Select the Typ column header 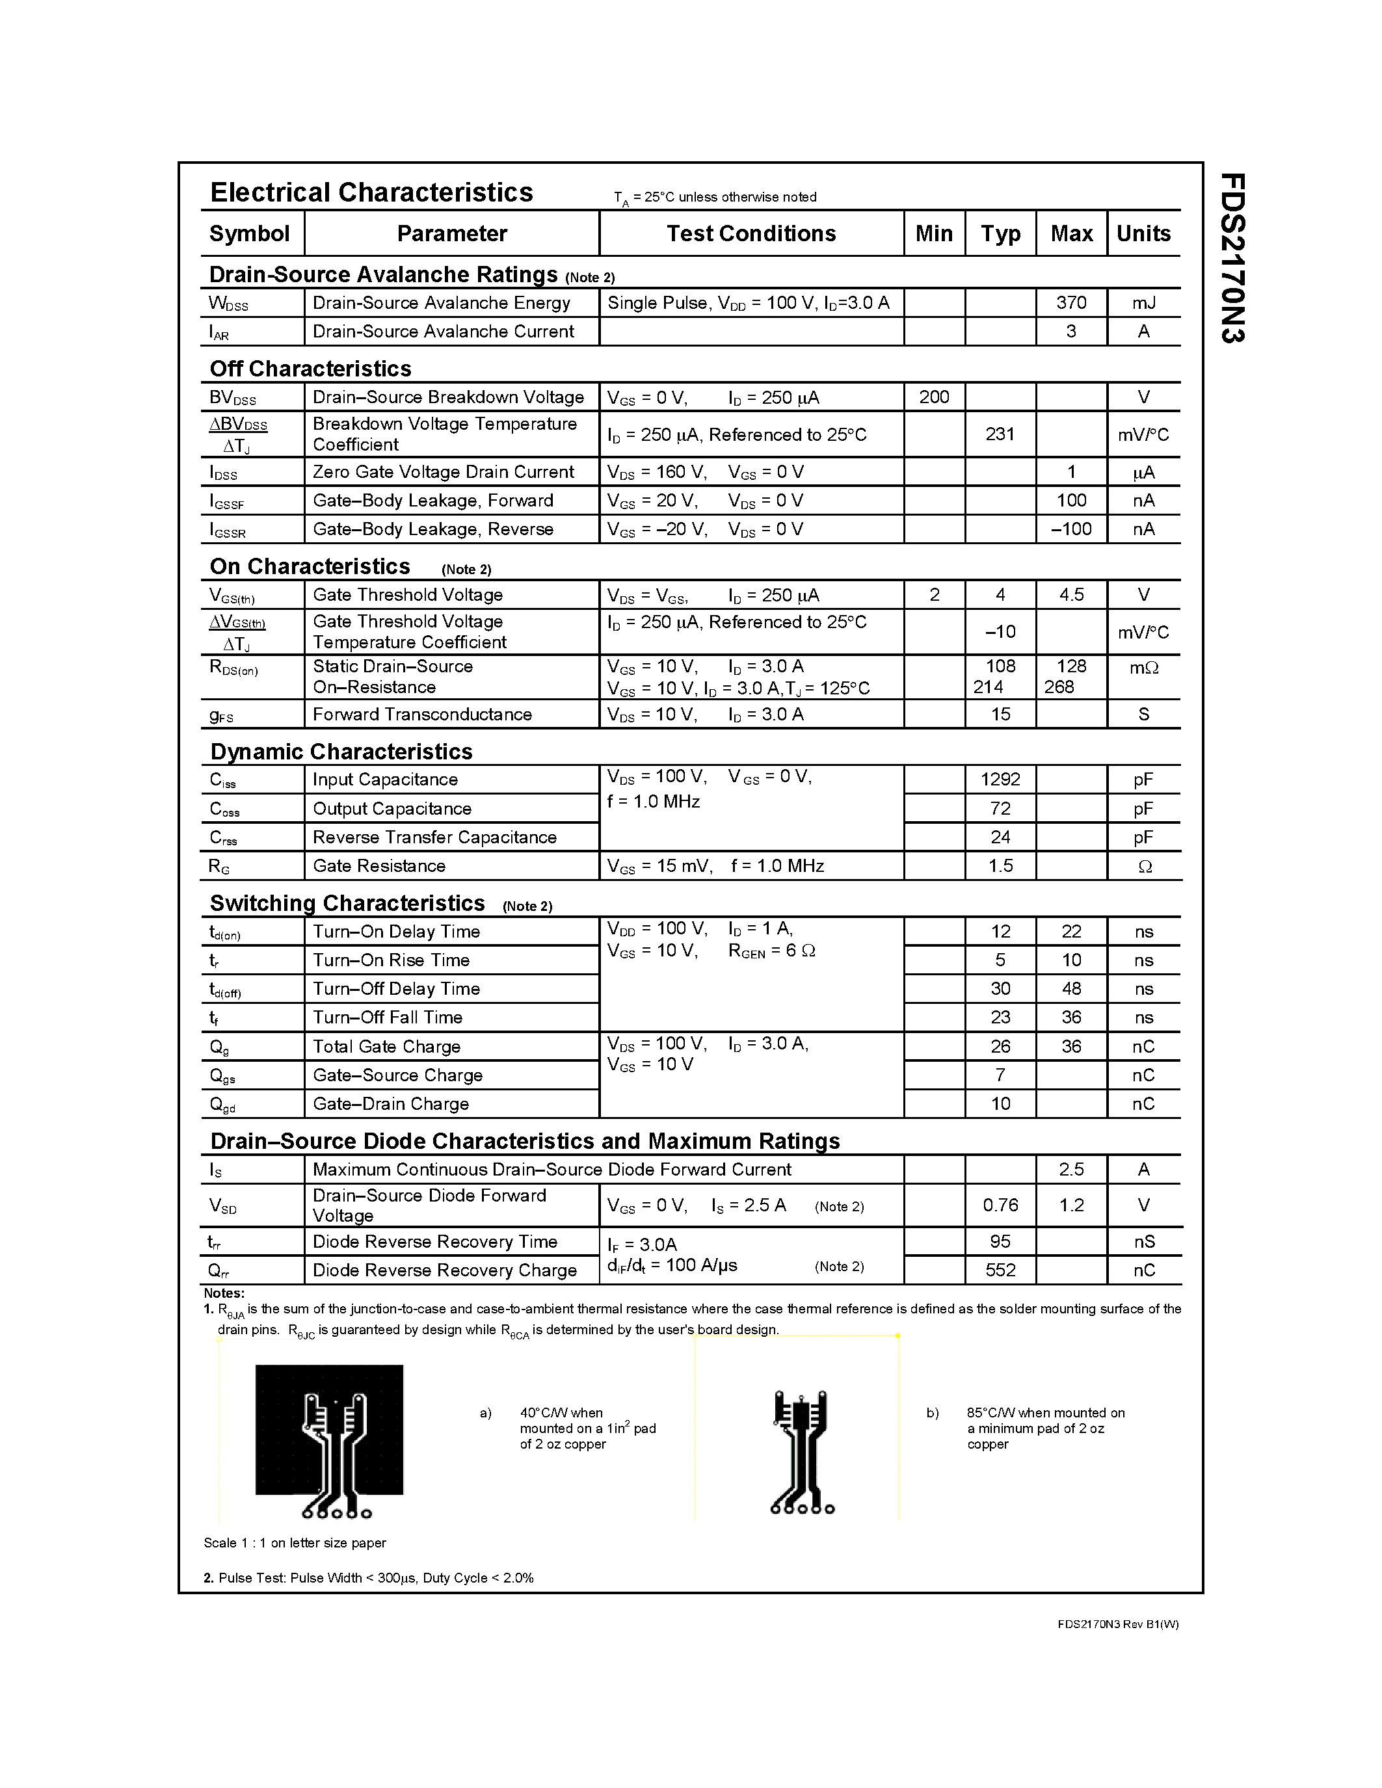[1000, 233]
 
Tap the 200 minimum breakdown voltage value [933, 397]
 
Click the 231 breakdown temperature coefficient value [1000, 434]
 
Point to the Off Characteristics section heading [310, 369]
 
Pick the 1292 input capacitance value [1000, 780]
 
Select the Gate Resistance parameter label [379, 866]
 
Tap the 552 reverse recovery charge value [1000, 1270]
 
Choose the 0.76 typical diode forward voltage [1000, 1205]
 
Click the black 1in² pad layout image [329, 1441]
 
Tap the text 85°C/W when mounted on [1046, 1413]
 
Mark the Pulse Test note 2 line [368, 1577]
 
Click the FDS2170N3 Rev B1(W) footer [1117, 1624]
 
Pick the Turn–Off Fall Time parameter [387, 1018]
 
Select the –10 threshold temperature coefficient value [1000, 632]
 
